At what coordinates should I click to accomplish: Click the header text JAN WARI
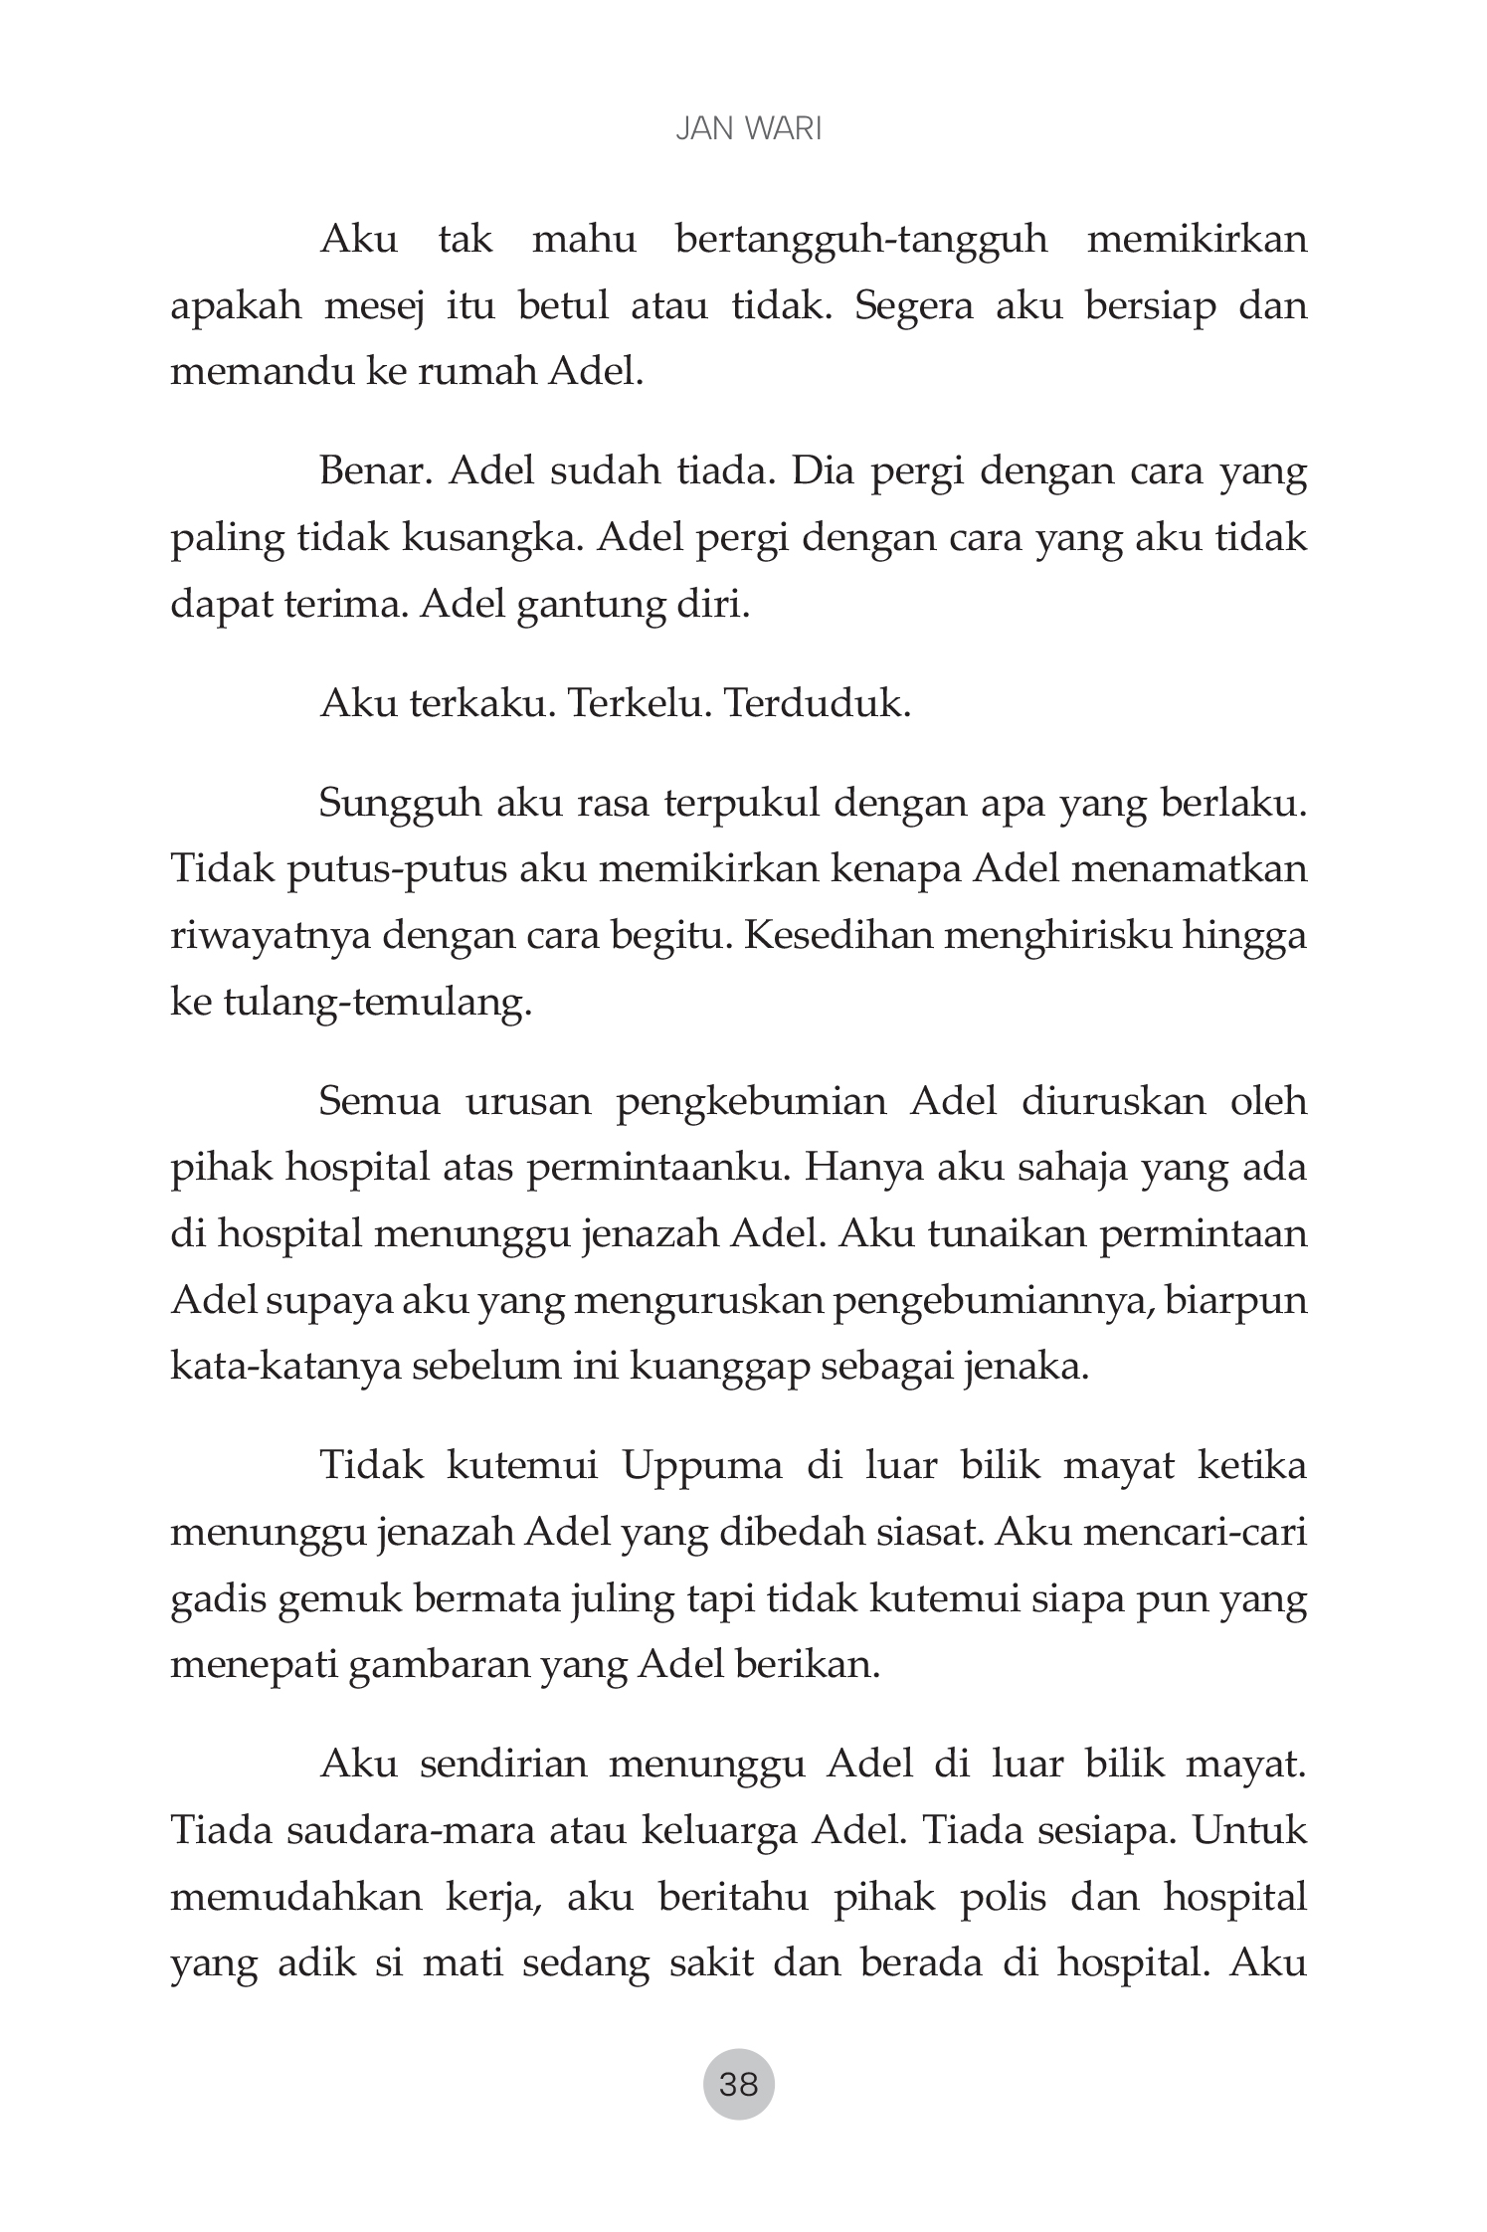748,130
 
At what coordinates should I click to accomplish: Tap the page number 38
738,2083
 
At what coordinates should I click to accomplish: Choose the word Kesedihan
836,937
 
